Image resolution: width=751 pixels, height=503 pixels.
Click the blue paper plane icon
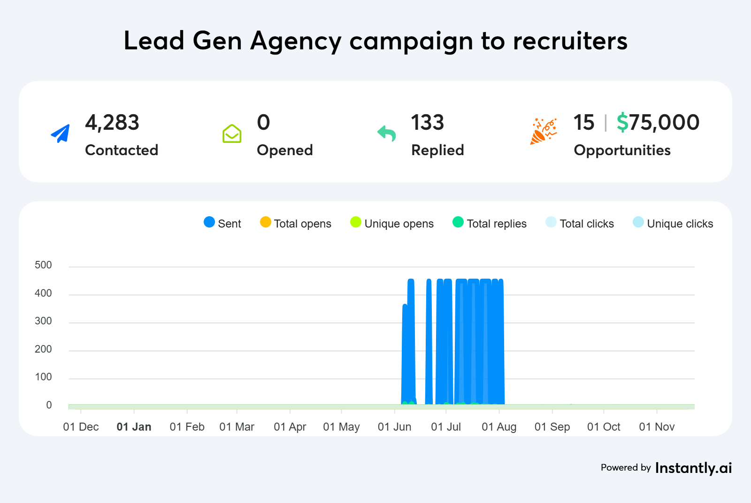tap(61, 134)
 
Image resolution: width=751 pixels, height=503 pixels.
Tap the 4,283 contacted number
tap(112, 123)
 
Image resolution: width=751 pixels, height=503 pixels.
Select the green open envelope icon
tap(232, 134)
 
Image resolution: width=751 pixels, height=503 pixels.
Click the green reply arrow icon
tap(387, 134)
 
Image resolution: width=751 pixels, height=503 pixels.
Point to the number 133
tap(427, 123)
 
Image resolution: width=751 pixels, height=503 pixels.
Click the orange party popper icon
tap(544, 131)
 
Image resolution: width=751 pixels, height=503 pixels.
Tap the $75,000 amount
tap(658, 123)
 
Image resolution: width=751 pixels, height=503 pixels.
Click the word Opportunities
tap(622, 150)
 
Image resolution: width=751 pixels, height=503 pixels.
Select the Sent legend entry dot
tap(209, 222)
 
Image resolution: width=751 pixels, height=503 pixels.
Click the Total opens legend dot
tap(266, 222)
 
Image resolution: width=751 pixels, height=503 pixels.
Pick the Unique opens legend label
tap(399, 224)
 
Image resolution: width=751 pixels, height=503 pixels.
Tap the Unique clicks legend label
tap(680, 224)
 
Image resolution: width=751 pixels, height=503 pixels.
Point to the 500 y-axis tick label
tap(43, 265)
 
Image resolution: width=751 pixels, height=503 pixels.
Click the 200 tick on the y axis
tap(43, 349)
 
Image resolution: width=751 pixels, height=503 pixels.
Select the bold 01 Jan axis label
tap(134, 427)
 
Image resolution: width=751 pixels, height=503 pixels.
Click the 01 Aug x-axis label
tap(499, 427)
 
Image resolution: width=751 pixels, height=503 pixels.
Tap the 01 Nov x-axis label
tap(657, 427)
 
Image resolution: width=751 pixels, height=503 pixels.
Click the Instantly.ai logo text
tap(693, 468)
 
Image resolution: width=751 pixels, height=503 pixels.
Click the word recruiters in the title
tap(570, 41)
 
